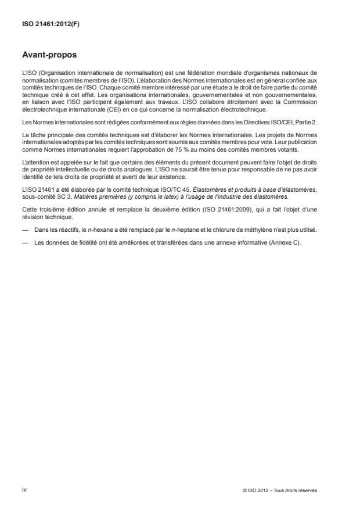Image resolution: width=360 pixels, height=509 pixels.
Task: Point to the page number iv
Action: (24, 489)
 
